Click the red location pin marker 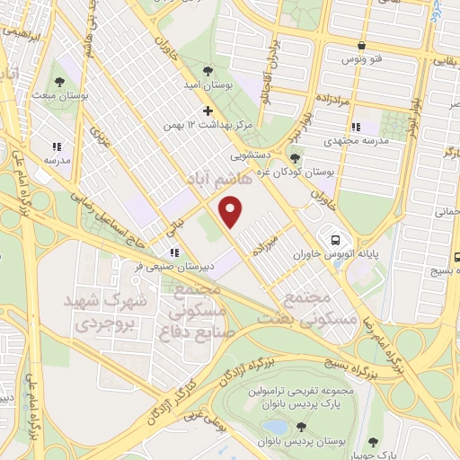tap(232, 212)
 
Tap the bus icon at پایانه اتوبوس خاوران tap(335, 240)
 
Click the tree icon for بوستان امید tap(208, 69)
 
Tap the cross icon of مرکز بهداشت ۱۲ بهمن tap(208, 111)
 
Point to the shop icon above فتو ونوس tap(361, 44)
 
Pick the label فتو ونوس tap(361, 58)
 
